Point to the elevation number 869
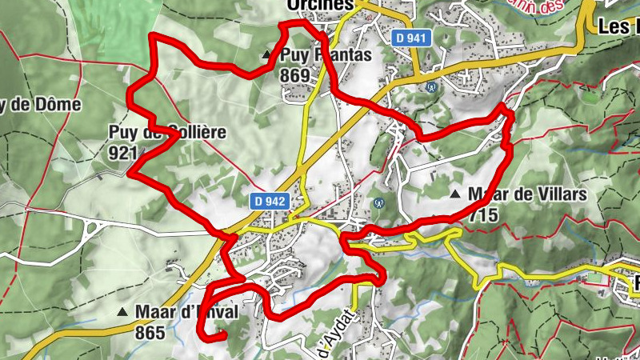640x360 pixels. pos(295,74)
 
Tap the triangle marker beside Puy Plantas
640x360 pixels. pos(267,55)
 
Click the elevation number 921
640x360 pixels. pos(120,154)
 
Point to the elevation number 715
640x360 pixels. pos(484,214)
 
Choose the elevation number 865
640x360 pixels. pos(149,331)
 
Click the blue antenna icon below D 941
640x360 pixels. pos(432,86)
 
